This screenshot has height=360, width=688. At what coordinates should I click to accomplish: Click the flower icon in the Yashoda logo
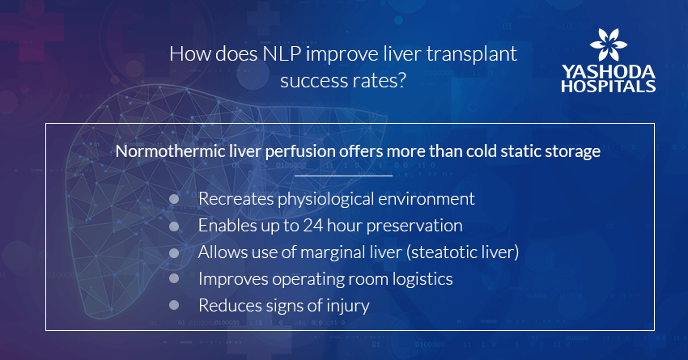[x=609, y=44]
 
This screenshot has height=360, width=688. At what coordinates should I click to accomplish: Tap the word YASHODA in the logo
[x=609, y=72]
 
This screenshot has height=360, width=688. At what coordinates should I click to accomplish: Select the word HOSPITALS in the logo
[x=609, y=86]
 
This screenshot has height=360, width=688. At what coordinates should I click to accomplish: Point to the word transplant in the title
[x=472, y=54]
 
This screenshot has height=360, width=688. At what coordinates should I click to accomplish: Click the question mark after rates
[x=401, y=80]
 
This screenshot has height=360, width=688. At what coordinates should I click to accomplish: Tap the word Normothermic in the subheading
[x=170, y=151]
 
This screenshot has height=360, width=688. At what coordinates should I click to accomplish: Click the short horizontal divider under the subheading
[x=343, y=176]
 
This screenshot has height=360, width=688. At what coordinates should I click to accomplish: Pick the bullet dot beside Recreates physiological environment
[x=174, y=199]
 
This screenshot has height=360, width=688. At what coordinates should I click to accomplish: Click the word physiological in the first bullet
[x=325, y=199]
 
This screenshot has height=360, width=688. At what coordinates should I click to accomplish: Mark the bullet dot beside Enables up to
[x=174, y=227]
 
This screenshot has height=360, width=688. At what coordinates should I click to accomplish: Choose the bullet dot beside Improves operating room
[x=174, y=278]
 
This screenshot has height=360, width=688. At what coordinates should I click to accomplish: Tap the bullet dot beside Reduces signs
[x=174, y=305]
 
